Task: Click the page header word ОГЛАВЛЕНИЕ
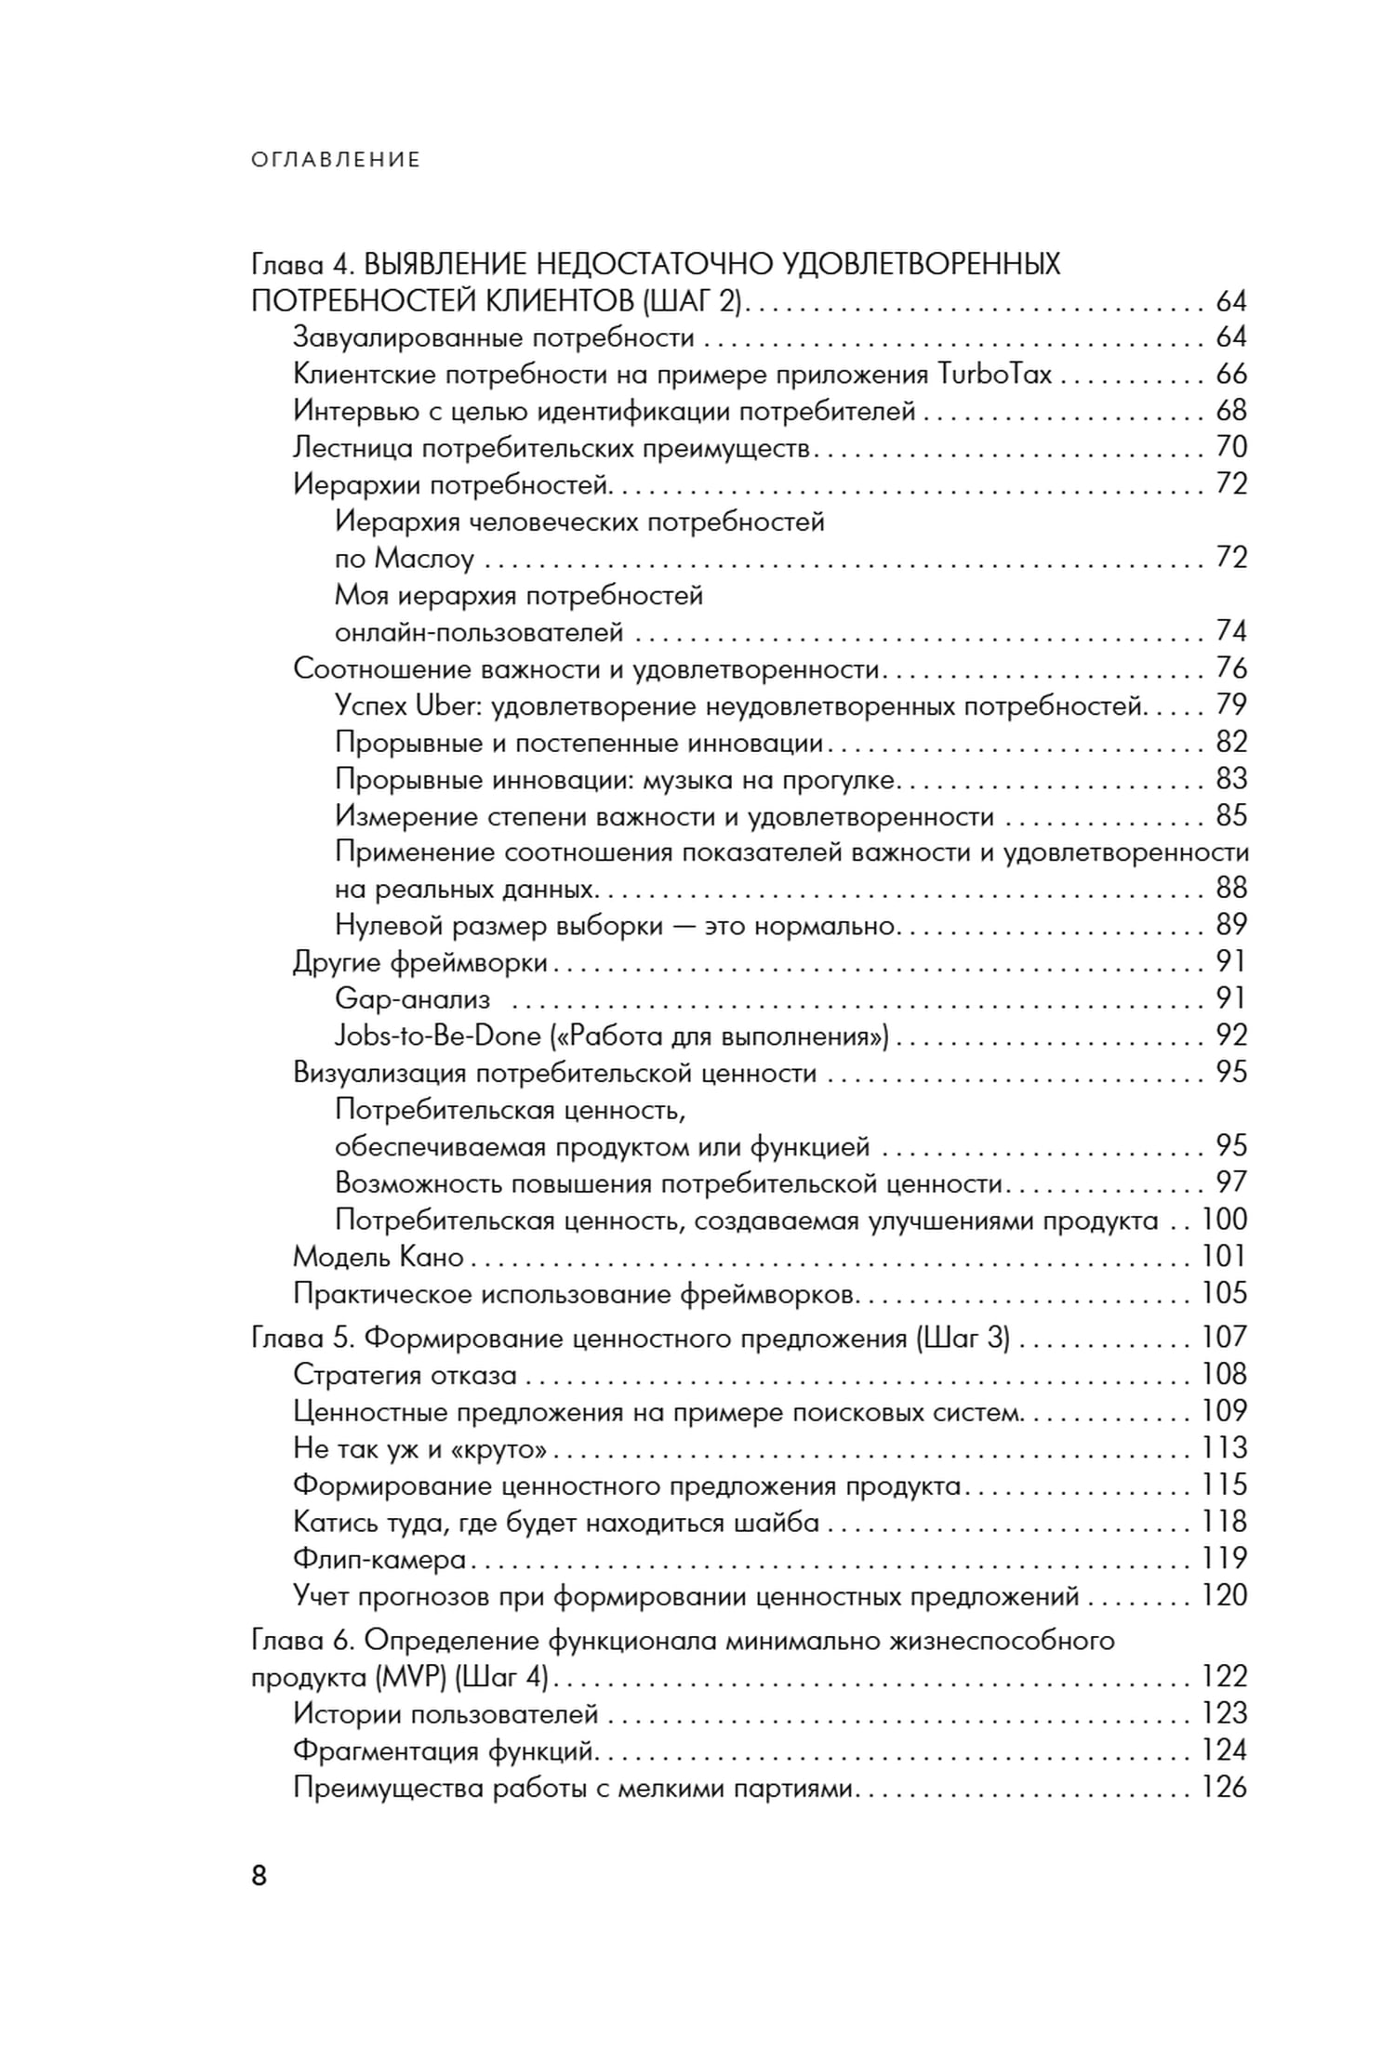336,160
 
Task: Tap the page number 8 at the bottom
259,1875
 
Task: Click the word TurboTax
994,374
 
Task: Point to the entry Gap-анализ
412,999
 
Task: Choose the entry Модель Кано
378,1257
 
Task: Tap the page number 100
1224,1220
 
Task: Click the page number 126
1224,1787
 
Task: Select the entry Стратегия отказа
405,1375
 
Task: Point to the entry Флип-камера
379,1559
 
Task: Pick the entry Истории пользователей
445,1713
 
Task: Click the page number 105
1224,1293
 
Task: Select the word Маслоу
424,559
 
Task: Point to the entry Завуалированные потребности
494,337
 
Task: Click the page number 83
1231,779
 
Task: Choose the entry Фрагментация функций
444,1750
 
